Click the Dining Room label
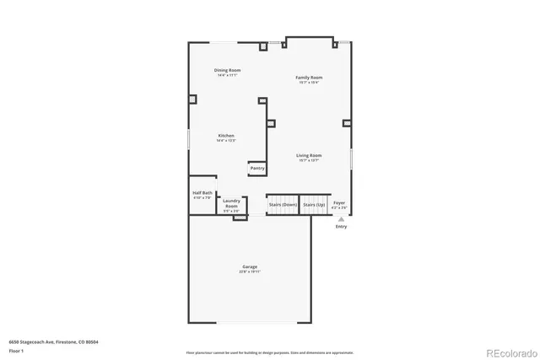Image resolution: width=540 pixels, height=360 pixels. (226, 70)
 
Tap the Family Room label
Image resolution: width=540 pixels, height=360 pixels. (310, 77)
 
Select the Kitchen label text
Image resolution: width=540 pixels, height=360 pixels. (226, 136)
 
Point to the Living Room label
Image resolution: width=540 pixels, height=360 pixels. (309, 155)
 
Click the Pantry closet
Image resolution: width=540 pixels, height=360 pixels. (257, 169)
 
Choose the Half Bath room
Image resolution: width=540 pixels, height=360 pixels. (202, 195)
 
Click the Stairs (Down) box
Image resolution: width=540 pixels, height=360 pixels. (283, 205)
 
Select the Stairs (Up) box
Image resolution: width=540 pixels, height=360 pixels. (315, 205)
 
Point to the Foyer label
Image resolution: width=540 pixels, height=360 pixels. (339, 202)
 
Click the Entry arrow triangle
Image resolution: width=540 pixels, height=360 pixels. (341, 218)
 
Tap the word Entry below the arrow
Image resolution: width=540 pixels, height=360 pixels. (341, 226)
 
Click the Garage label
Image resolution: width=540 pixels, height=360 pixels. (250, 266)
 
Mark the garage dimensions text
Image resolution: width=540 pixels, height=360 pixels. (250, 272)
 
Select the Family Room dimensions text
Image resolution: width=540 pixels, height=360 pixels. (310, 82)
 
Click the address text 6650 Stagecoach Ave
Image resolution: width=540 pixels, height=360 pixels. (43, 342)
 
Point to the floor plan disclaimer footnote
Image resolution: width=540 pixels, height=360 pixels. (269, 352)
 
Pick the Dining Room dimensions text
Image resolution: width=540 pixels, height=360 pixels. (226, 75)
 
